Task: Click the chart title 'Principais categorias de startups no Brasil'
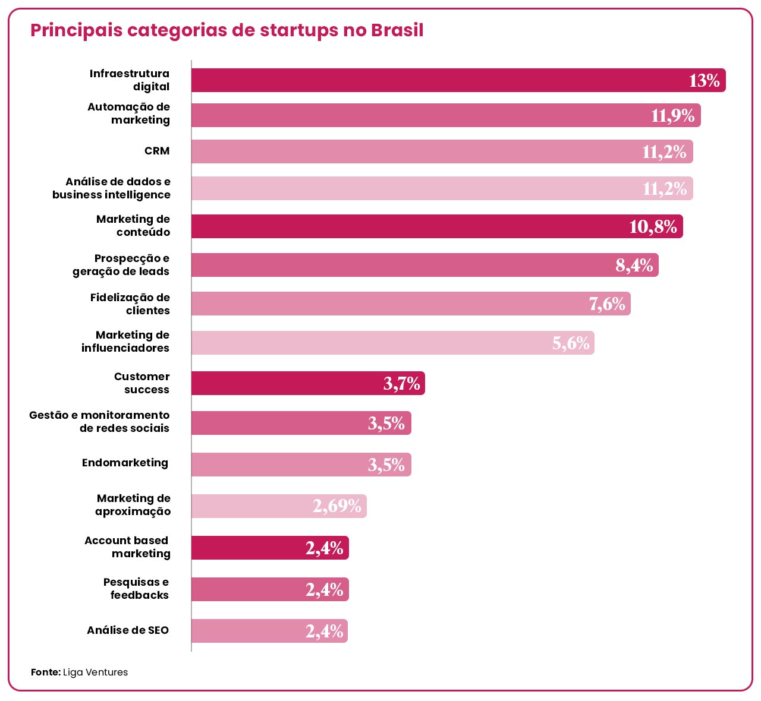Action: (x=227, y=30)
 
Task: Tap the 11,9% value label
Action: (x=672, y=115)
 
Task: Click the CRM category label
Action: (x=157, y=151)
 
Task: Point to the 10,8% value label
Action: (x=653, y=226)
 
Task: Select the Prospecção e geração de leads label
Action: (x=121, y=265)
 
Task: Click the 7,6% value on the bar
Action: (x=607, y=304)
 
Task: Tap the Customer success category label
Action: (x=142, y=383)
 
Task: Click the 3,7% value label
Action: (x=401, y=384)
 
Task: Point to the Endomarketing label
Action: (x=125, y=463)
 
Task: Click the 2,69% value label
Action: (x=337, y=506)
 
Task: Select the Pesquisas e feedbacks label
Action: (x=137, y=589)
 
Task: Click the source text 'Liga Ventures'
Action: (x=95, y=672)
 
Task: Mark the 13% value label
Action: (x=704, y=80)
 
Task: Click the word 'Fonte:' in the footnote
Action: (x=46, y=672)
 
